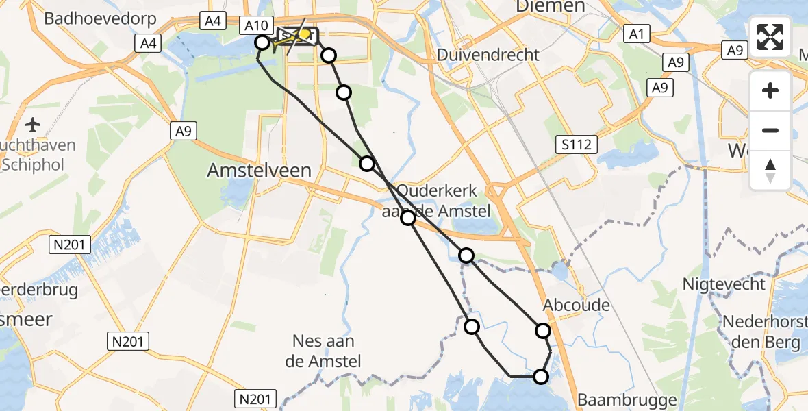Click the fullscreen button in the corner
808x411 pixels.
click(770, 37)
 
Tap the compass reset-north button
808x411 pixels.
click(770, 170)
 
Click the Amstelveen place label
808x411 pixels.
click(260, 171)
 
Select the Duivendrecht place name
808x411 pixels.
click(489, 55)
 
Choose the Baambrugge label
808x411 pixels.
click(627, 399)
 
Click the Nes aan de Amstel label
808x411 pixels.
click(327, 351)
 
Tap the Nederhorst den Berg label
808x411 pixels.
click(761, 332)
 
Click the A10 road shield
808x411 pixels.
click(257, 26)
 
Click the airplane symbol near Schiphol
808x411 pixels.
click(32, 125)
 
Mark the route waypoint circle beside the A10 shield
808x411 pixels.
click(262, 42)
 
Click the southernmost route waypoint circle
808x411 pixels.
click(541, 377)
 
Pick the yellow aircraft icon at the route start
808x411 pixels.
click(303, 34)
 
